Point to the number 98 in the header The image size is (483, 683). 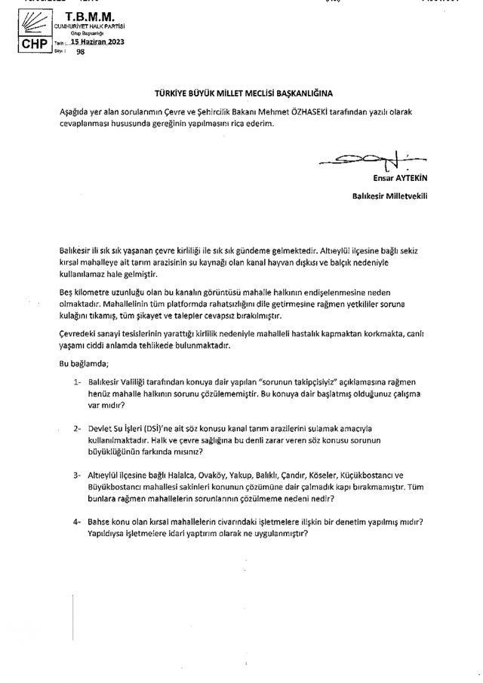pyautogui.click(x=81, y=53)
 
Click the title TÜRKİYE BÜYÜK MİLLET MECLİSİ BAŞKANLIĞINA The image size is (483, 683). pyautogui.click(x=241, y=97)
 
